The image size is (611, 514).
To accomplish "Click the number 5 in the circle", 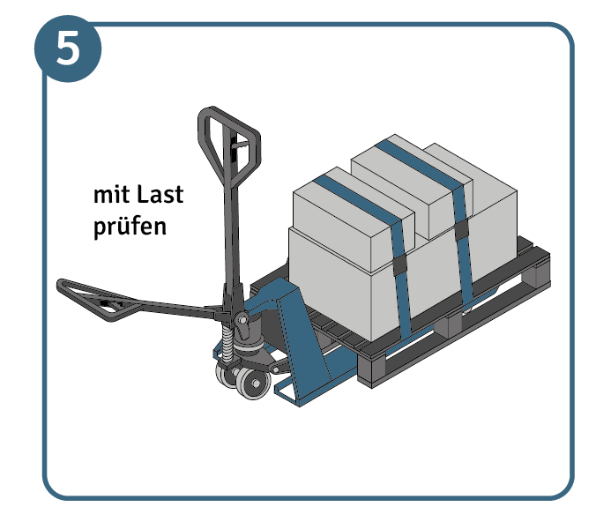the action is [68, 48].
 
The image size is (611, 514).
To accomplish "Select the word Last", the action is [160, 194].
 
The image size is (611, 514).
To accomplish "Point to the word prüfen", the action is [130, 227].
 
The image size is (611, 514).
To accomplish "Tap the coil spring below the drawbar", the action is [227, 343].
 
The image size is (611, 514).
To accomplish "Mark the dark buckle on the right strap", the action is [461, 229].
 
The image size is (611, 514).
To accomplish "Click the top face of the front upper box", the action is [354, 196].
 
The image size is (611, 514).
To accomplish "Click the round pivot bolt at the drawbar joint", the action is [242, 320].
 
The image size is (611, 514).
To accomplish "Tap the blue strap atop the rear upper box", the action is [421, 164].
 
